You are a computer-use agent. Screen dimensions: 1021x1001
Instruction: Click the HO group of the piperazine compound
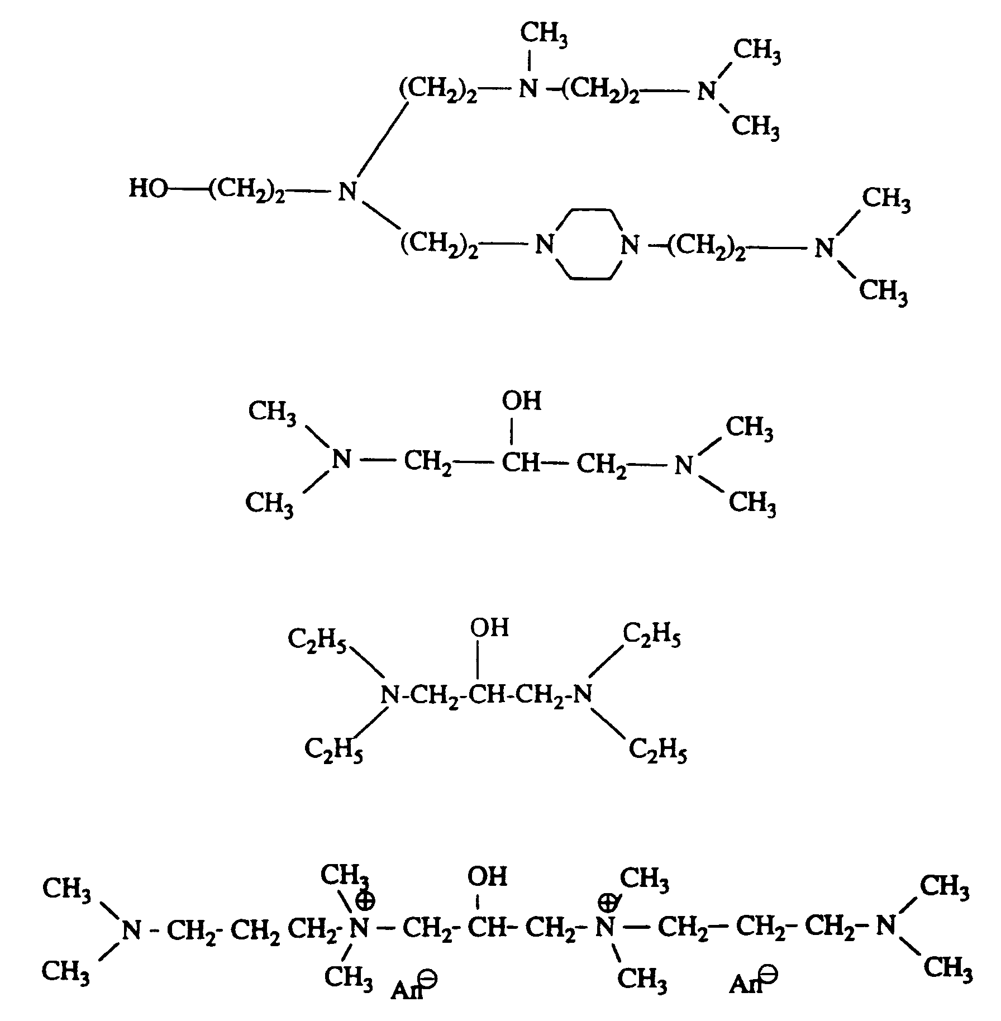(148, 189)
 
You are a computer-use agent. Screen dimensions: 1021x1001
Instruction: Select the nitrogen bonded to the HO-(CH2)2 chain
(347, 192)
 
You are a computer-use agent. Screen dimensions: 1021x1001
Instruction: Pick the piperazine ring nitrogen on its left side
(545, 245)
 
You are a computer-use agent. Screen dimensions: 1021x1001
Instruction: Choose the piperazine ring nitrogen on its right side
(630, 245)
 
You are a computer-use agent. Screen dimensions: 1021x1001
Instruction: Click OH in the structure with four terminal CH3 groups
(522, 400)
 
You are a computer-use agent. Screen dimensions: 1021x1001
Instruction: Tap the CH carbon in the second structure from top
(521, 463)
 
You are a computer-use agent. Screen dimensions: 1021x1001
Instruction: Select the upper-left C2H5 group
(317, 638)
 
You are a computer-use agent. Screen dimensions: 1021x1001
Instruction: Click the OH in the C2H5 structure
(489, 628)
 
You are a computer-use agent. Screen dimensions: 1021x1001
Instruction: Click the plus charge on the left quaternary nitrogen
(366, 901)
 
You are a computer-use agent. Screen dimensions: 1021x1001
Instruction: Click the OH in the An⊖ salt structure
(487, 876)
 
